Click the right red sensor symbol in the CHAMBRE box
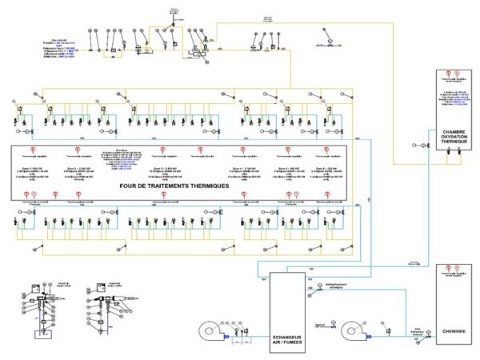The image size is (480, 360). pyautogui.click(x=464, y=78)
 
